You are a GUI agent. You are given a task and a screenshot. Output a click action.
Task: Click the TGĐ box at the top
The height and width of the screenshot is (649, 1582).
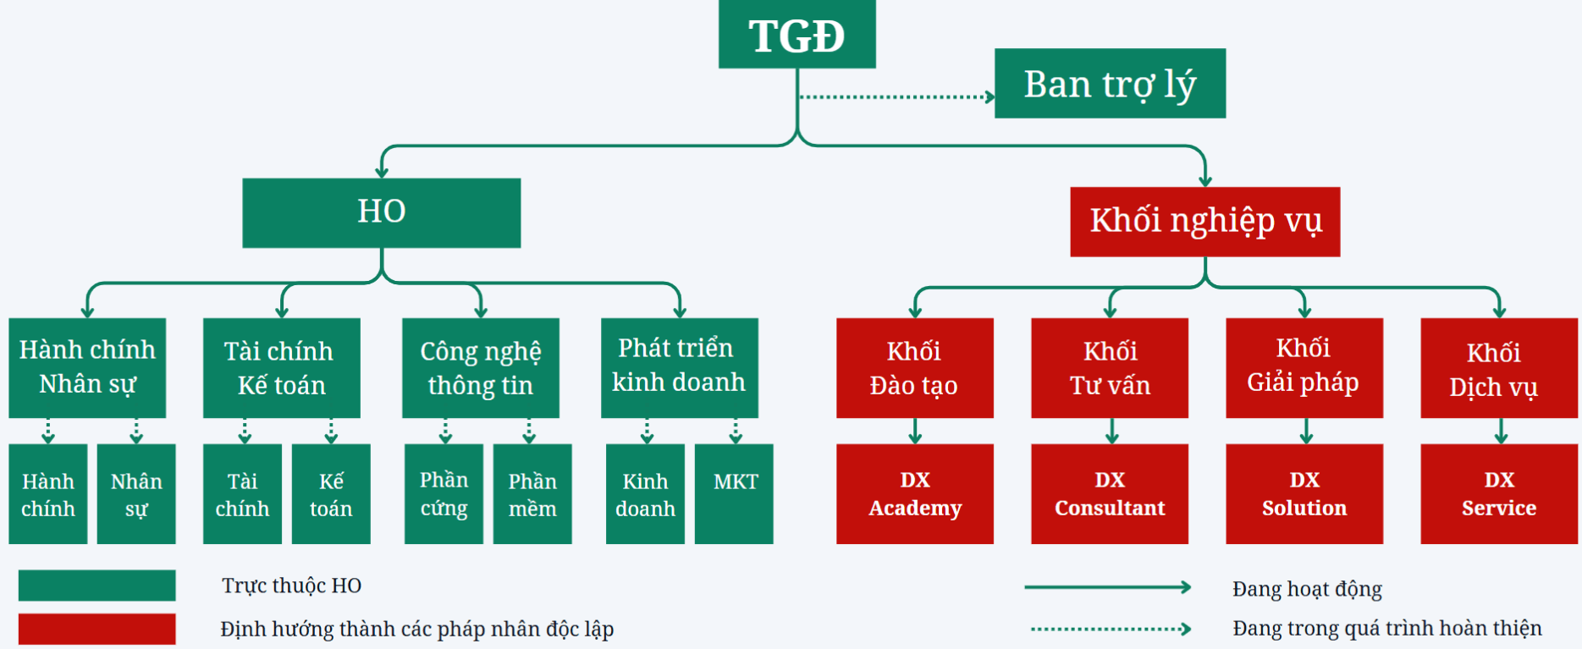[x=797, y=35]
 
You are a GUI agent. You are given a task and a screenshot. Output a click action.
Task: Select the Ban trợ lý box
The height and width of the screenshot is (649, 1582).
[x=1110, y=83]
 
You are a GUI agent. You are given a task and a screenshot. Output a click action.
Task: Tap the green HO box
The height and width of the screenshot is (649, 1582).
[x=381, y=212]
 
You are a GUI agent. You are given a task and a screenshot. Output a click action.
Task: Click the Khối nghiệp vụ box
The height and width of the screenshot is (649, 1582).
[x=1204, y=221]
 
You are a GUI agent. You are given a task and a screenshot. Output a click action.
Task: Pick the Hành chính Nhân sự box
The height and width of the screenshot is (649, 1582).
[x=87, y=367]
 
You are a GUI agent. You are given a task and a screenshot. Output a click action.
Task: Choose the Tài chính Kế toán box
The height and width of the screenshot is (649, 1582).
[x=281, y=367]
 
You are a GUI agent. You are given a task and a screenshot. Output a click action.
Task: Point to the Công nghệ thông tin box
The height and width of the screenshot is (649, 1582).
[x=480, y=367]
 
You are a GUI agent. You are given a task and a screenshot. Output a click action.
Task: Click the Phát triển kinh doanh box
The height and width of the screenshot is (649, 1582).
[x=679, y=367]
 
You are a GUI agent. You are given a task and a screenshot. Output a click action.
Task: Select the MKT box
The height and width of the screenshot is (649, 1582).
[x=734, y=493]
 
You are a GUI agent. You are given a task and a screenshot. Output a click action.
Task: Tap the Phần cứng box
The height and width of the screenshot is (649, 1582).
[x=444, y=493]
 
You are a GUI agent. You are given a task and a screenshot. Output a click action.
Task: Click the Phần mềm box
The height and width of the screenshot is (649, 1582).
[x=532, y=493]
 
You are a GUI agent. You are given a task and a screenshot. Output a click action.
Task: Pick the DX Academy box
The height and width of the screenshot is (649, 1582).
[x=914, y=493]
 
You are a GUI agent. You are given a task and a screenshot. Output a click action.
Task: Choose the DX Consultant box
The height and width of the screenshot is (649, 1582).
[x=1109, y=493]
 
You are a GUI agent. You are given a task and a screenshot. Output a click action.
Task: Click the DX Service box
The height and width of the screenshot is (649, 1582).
[x=1498, y=493]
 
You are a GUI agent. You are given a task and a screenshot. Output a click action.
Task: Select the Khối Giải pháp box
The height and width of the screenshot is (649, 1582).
[x=1304, y=367]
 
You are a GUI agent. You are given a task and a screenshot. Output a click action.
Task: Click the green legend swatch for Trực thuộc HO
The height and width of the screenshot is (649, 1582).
[x=96, y=585]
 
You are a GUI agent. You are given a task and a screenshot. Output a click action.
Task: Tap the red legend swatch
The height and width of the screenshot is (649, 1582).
[x=96, y=629]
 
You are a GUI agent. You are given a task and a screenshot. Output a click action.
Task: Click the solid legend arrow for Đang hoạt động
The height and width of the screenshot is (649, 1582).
[x=1107, y=587]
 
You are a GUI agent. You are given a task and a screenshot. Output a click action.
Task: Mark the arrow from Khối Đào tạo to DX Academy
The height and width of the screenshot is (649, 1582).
[x=915, y=431]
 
